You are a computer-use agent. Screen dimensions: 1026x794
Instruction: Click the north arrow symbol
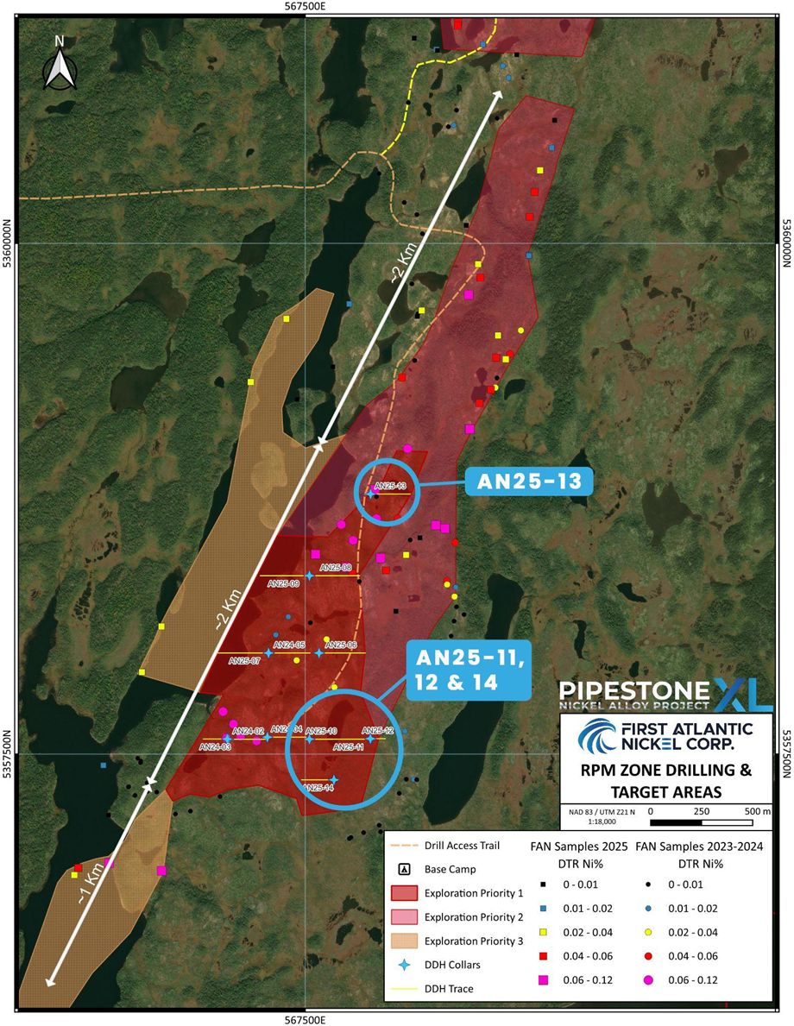tap(59, 62)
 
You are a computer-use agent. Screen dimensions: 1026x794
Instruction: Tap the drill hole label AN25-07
tap(244, 661)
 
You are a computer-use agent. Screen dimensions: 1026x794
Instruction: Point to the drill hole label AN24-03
tap(215, 746)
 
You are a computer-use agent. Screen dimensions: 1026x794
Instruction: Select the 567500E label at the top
tap(305, 7)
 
